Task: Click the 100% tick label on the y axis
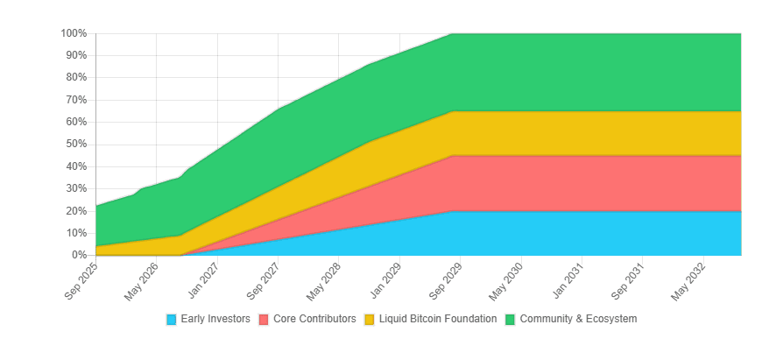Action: (74, 33)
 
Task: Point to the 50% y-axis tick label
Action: (76, 145)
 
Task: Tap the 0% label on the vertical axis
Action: (79, 255)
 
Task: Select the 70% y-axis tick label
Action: (76, 100)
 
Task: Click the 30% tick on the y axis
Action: (76, 189)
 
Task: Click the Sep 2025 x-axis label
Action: (81, 280)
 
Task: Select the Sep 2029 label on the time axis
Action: (446, 280)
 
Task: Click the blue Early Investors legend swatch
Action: (171, 320)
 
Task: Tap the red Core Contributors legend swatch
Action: (264, 320)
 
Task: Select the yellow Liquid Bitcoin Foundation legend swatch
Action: (370, 320)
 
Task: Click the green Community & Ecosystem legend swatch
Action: (510, 320)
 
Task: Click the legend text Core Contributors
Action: (314, 319)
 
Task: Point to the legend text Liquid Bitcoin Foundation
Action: (438, 319)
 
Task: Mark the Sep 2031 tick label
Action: (628, 280)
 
